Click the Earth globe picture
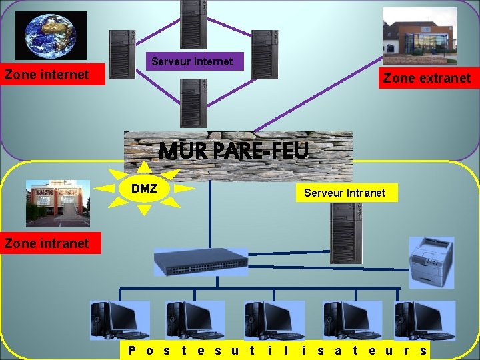(51, 35)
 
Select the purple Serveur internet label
(192, 61)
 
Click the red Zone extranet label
(427, 78)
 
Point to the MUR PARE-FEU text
(234, 151)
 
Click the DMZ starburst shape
(145, 189)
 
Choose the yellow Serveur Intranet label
(345, 193)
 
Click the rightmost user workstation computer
(425, 320)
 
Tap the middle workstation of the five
(273, 320)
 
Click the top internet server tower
(193, 24)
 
